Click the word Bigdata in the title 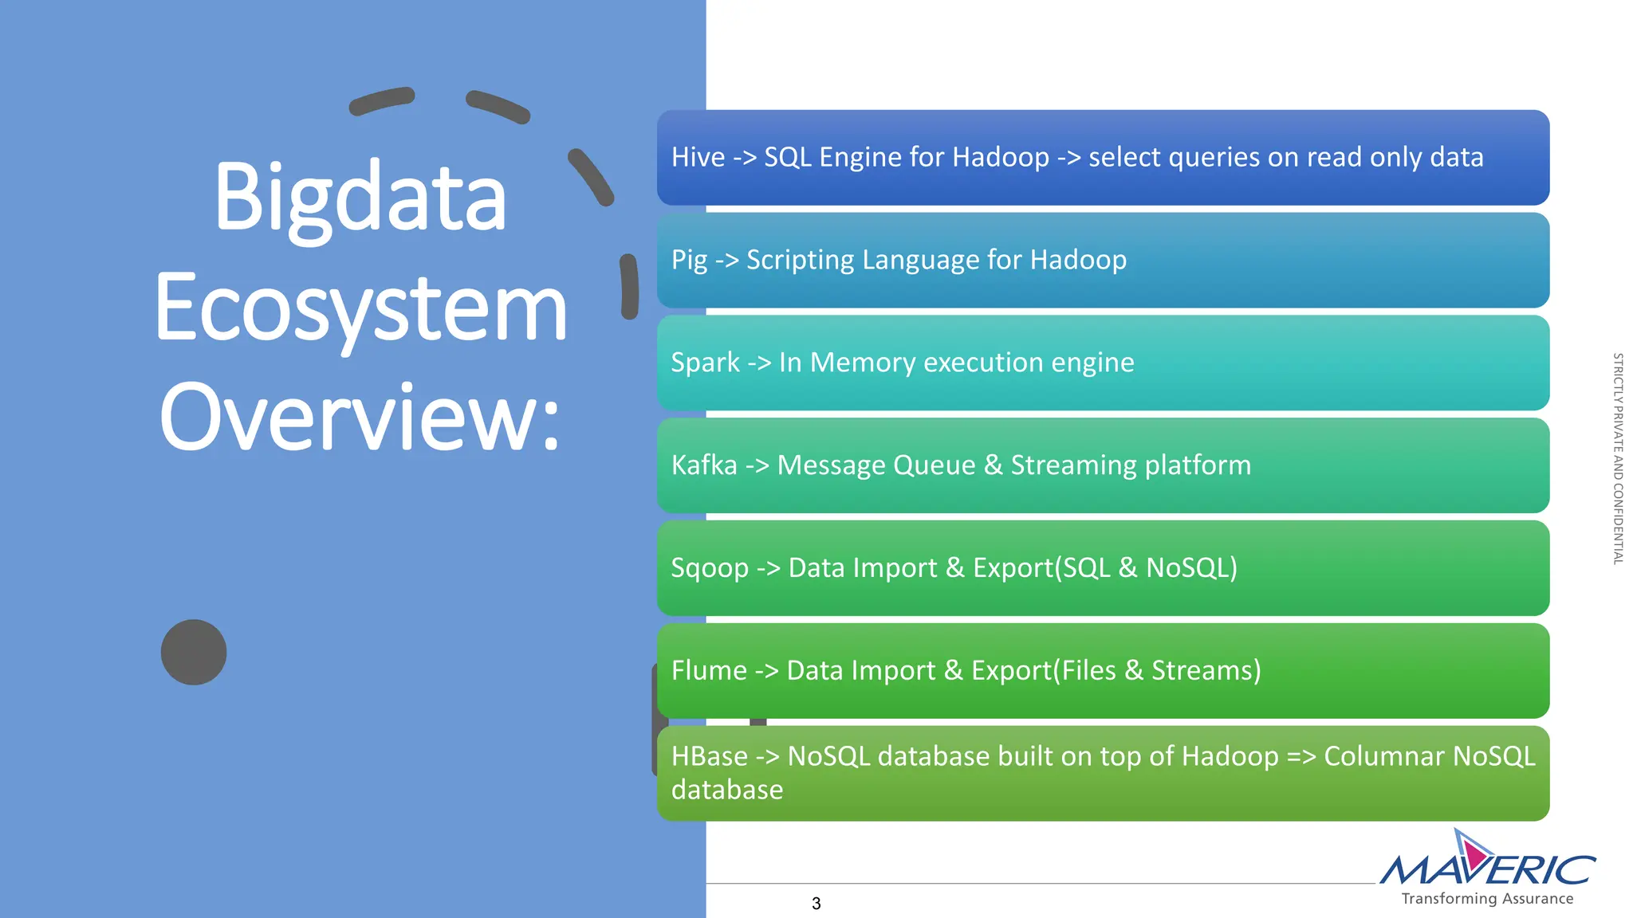[x=360, y=198]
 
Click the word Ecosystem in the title [x=360, y=309]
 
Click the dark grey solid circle [x=194, y=652]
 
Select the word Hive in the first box [x=698, y=158]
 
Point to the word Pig [x=689, y=261]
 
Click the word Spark [x=705, y=363]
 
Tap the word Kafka [x=704, y=465]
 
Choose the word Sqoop [x=709, y=568]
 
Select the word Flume [x=709, y=671]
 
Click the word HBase [x=709, y=756]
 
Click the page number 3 [x=816, y=904]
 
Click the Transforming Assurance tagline [x=1487, y=899]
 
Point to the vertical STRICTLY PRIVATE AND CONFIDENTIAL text [x=1618, y=459]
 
